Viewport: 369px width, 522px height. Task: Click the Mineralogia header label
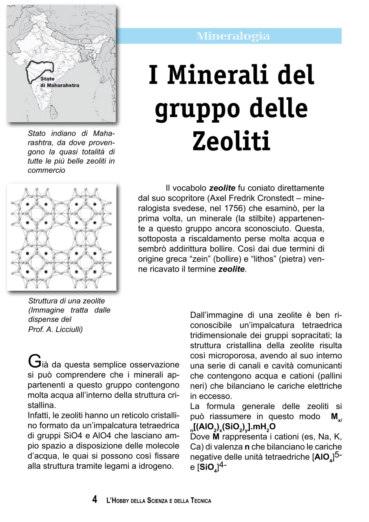point(233,36)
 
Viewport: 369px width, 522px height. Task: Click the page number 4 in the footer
point(95,500)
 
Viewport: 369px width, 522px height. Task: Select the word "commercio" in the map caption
point(46,170)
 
